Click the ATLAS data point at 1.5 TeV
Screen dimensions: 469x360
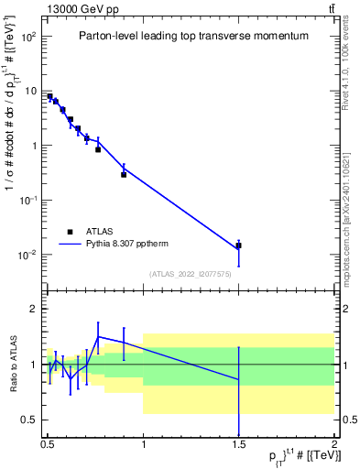238,245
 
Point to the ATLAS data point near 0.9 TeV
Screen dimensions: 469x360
124,174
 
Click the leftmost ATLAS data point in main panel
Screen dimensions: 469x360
49,96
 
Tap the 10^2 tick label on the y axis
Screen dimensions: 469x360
27,37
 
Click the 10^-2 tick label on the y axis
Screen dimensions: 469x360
27,254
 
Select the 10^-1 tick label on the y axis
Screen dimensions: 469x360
27,200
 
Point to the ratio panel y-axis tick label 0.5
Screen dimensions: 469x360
30,420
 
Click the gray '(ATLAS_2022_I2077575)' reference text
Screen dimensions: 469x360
191,273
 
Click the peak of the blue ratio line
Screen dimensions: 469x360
99,336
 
